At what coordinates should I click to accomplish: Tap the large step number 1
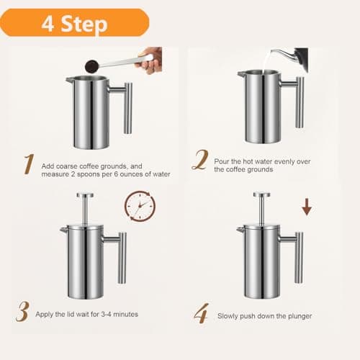[x=27, y=164]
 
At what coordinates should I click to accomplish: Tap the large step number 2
[x=199, y=159]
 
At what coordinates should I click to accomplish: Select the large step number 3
[x=23, y=313]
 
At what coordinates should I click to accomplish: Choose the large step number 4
[x=200, y=314]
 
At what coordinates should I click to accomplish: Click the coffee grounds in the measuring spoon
[x=91, y=67]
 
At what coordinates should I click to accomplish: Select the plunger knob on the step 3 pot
[x=86, y=195]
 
